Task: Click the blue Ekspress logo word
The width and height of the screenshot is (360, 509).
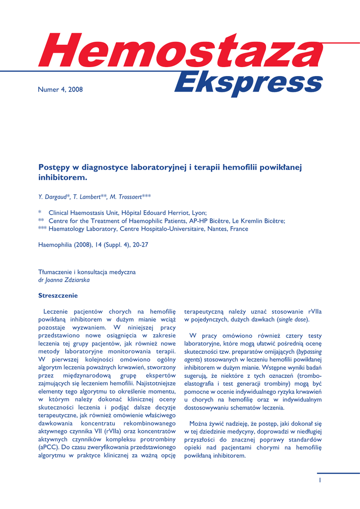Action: click(249, 83)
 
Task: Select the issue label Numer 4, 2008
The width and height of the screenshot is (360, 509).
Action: click(61, 89)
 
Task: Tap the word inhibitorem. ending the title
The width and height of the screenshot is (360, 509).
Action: click(63, 177)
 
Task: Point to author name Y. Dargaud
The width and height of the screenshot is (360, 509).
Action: click(55, 197)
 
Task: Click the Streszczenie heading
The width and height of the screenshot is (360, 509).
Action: click(58, 296)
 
